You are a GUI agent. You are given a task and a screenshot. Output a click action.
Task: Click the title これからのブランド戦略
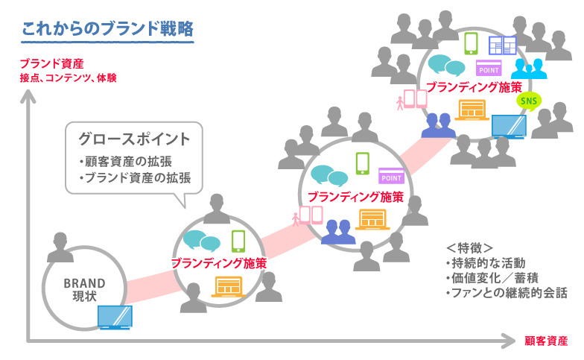108,29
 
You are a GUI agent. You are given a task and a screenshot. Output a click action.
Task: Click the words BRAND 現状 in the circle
84,290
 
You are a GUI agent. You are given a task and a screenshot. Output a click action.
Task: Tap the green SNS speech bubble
528,101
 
